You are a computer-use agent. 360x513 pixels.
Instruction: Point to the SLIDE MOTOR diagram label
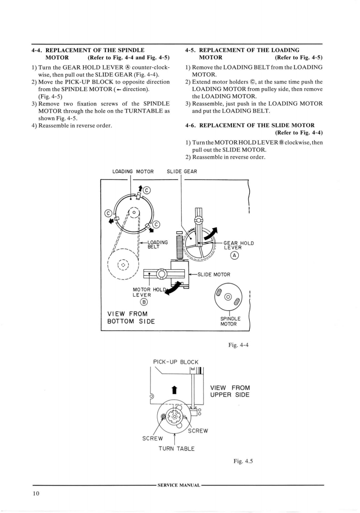pyautogui.click(x=214, y=274)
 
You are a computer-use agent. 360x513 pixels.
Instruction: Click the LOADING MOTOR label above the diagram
pyautogui.click(x=133, y=172)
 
